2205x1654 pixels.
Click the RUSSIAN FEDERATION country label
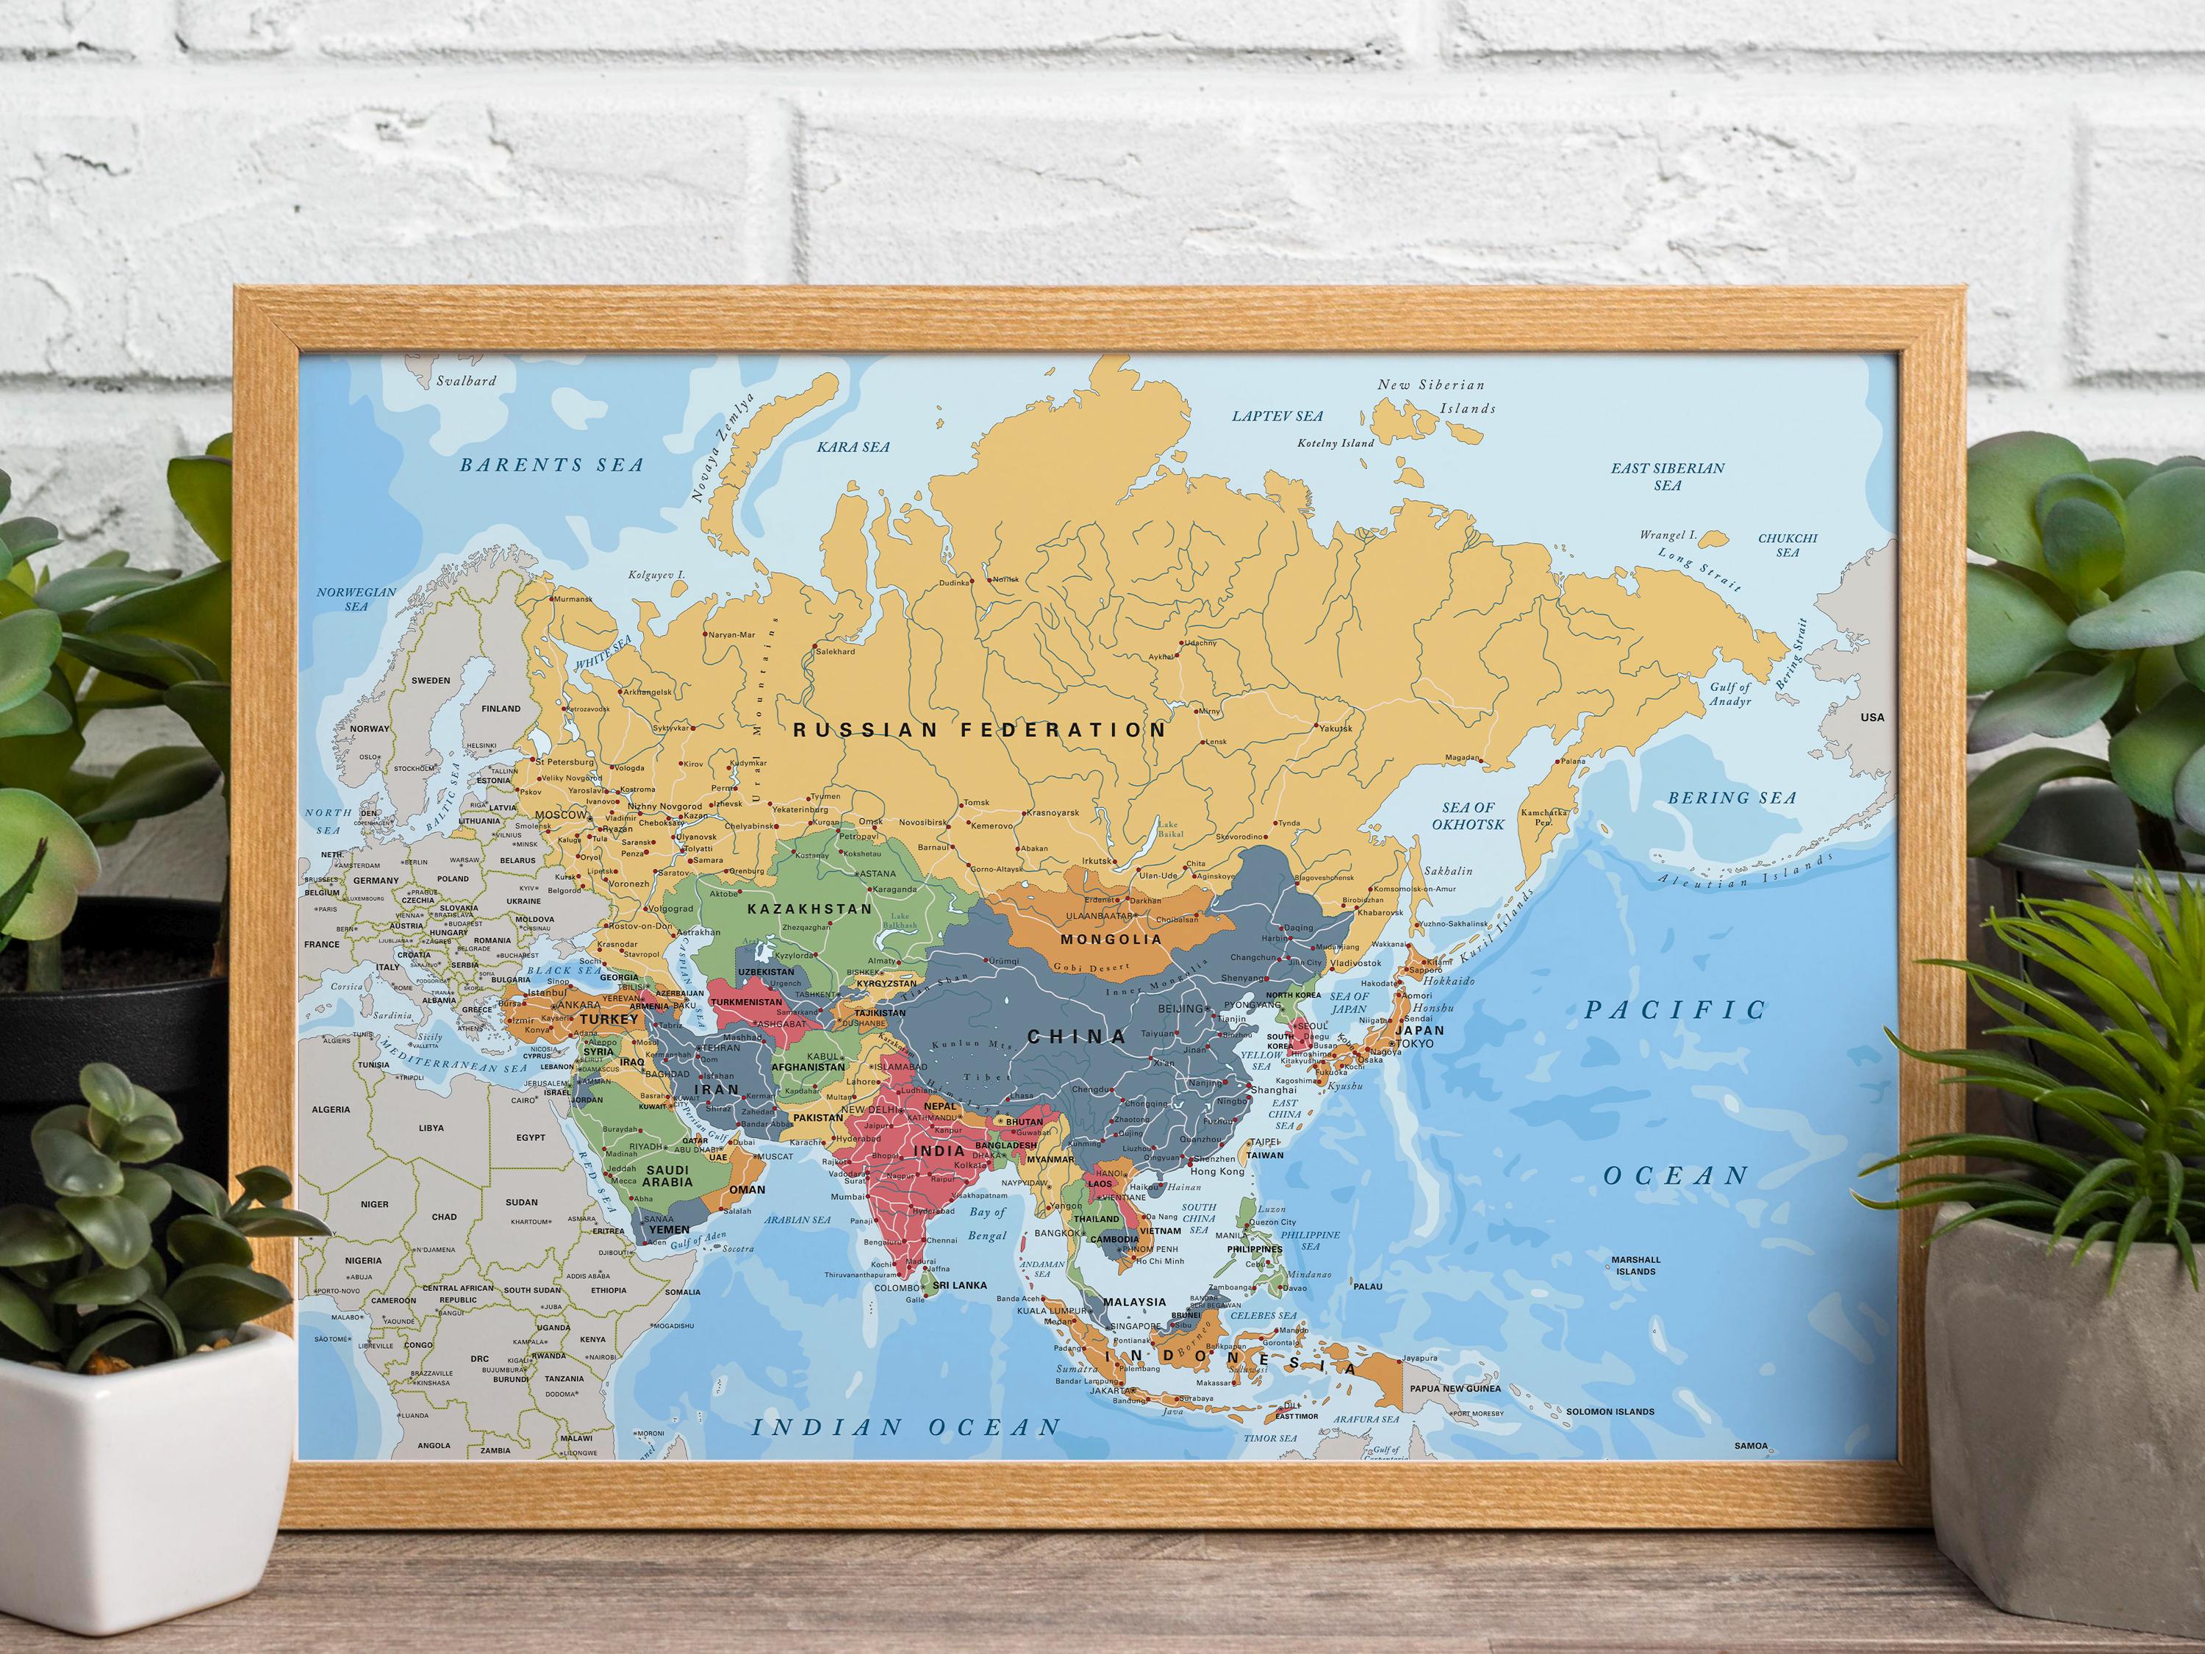pyautogui.click(x=979, y=730)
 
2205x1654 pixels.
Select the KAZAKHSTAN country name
pyautogui.click(x=809, y=909)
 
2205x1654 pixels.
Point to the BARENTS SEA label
pyautogui.click(x=551, y=465)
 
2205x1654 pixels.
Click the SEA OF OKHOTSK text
pyautogui.click(x=1469, y=815)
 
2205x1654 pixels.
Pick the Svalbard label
pyautogui.click(x=465, y=381)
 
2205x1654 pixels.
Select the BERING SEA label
pyautogui.click(x=1732, y=798)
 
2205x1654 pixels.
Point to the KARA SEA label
pyautogui.click(x=853, y=448)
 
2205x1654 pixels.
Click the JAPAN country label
pyautogui.click(x=1419, y=1031)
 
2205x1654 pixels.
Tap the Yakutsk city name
pyautogui.click(x=1335, y=728)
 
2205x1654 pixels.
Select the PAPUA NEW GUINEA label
pyautogui.click(x=1455, y=1389)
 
